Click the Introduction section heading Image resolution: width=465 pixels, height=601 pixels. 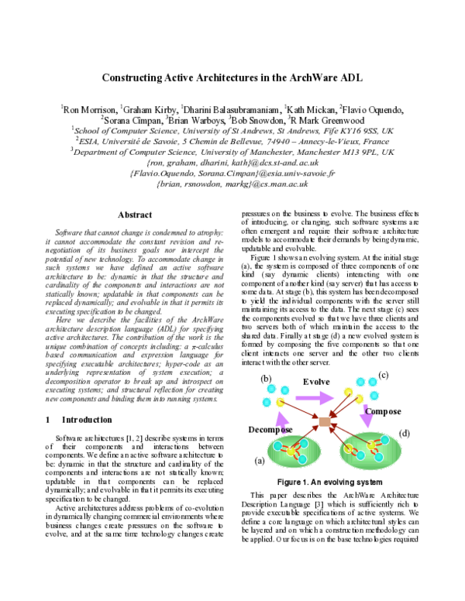tap(86, 419)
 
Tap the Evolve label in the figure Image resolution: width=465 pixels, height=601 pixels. tap(316, 383)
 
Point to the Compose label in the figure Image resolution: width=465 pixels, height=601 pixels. tap(383, 410)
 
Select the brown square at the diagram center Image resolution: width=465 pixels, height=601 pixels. tap(325, 421)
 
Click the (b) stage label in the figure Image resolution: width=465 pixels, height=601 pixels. tap(267, 379)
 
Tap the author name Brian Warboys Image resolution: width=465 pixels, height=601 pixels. tap(197, 121)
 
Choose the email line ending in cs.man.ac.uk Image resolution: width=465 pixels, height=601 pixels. tap(232, 185)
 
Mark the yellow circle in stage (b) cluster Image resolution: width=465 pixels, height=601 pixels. tap(278, 404)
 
